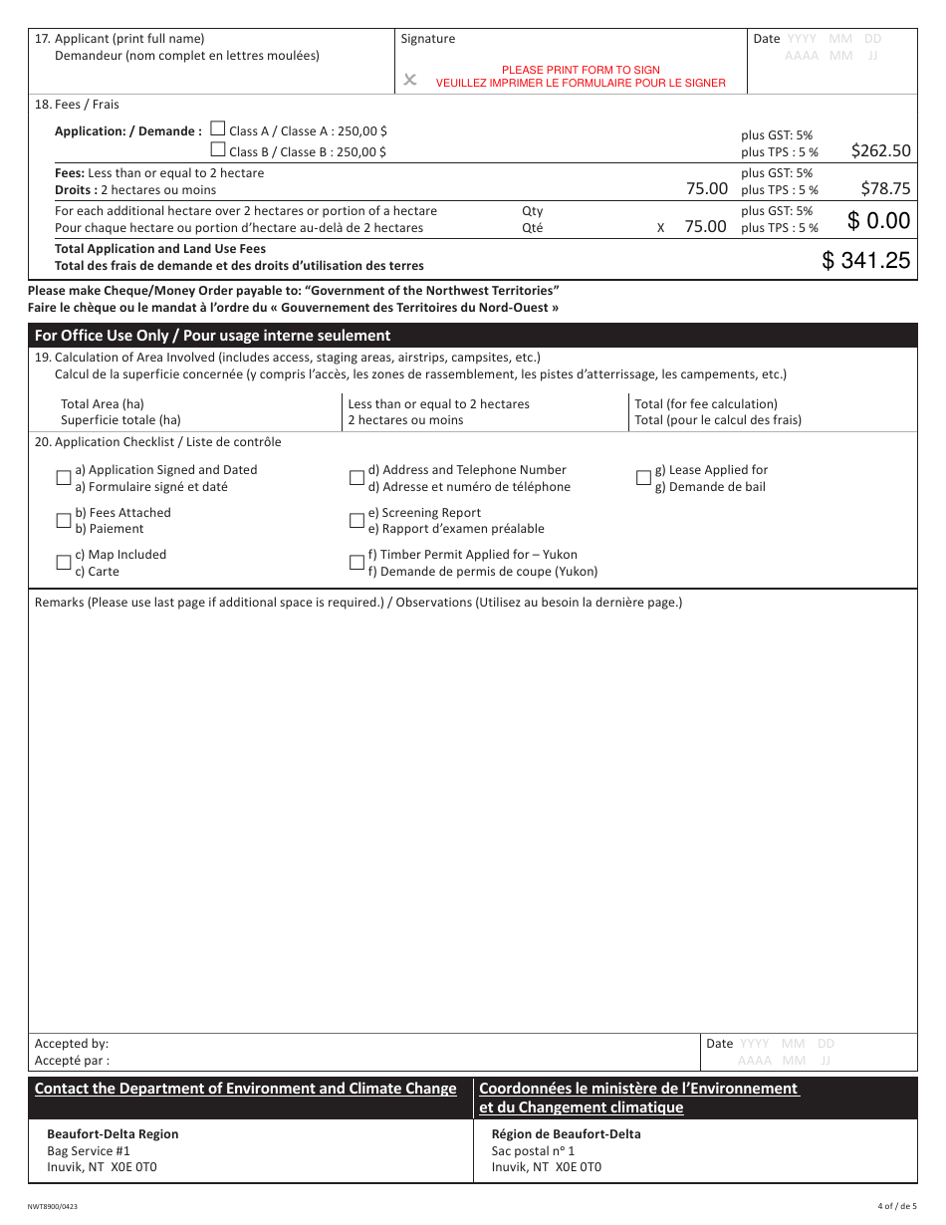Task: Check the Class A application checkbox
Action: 218,129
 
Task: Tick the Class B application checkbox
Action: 218,150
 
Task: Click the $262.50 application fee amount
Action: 880,151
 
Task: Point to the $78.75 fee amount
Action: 885,188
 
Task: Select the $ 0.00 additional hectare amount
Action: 878,221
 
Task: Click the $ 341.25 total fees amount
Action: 865,261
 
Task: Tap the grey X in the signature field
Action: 409,80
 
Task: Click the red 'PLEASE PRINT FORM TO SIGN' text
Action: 581,70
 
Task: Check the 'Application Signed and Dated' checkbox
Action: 64,478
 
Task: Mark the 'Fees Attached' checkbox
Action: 64,521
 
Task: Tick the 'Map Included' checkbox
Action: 64,563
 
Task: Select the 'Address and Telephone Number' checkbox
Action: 356,478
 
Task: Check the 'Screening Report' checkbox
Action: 356,521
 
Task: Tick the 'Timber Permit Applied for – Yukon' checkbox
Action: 356,563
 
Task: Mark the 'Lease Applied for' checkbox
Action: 643,478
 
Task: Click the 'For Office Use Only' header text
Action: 212,336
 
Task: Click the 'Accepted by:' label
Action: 72,1044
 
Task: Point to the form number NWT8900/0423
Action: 56,1206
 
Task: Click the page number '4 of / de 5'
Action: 894,1206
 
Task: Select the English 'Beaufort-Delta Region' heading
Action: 113,1134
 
